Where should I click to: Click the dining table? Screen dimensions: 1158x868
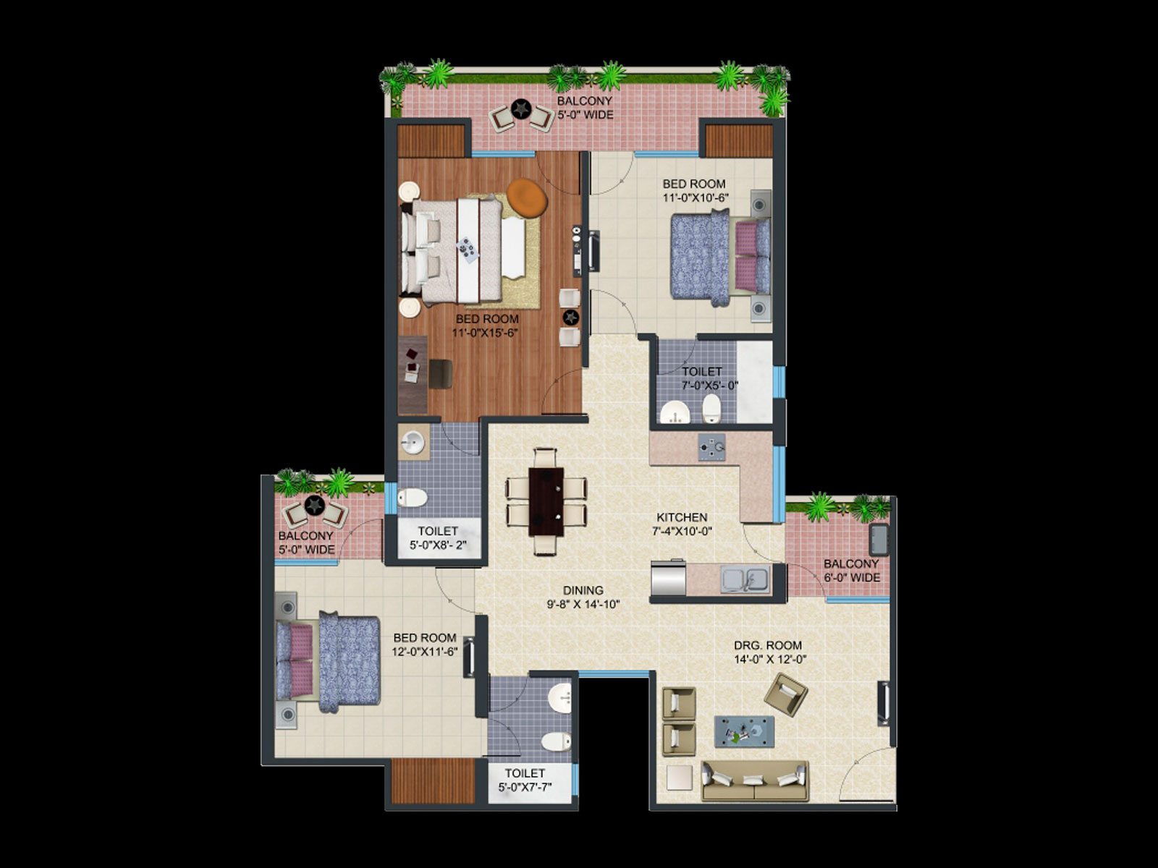(x=546, y=501)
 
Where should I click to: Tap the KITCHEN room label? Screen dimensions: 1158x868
(x=682, y=517)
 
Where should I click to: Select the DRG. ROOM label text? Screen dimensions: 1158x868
(x=768, y=645)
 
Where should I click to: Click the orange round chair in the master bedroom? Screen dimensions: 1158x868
(x=527, y=197)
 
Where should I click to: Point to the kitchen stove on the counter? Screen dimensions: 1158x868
(x=711, y=448)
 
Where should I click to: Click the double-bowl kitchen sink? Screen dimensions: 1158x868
(x=745, y=579)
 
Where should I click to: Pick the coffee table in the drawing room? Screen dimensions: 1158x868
(x=744, y=731)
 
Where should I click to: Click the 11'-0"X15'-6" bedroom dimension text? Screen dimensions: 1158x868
(x=485, y=333)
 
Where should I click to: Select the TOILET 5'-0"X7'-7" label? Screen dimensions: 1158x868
(x=525, y=780)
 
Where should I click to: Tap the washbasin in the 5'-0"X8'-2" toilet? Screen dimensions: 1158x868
(x=413, y=442)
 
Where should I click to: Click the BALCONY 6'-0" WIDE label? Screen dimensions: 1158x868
(x=851, y=570)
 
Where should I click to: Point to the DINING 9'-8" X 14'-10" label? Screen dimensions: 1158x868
(x=583, y=597)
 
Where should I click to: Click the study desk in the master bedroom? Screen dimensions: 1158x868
(x=413, y=375)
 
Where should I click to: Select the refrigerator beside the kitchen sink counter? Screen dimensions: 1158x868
(x=669, y=578)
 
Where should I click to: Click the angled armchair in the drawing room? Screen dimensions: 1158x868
(x=785, y=694)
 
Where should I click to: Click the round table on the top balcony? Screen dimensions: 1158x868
(x=520, y=109)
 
